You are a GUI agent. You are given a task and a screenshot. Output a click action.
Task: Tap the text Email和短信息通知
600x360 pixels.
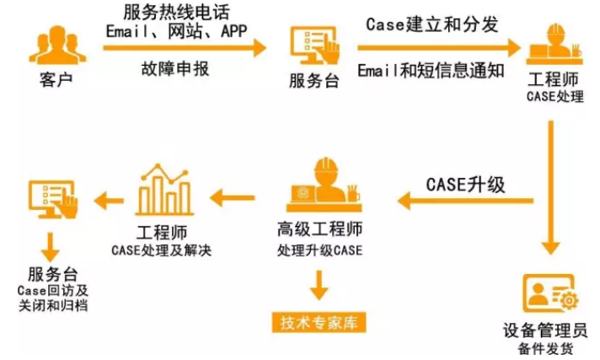pyautogui.click(x=431, y=69)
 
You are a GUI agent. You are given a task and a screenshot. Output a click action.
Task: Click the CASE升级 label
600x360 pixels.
pyautogui.click(x=465, y=185)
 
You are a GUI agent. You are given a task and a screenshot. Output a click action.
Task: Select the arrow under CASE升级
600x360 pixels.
pyautogui.click(x=465, y=201)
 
